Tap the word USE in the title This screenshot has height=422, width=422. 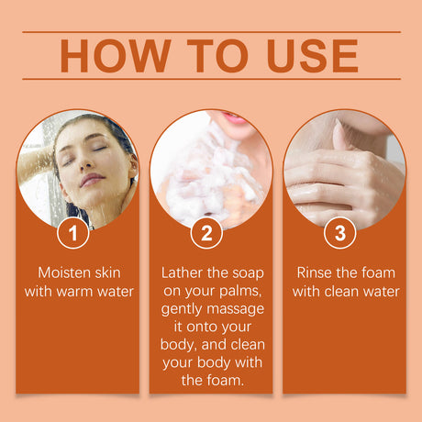[313, 56]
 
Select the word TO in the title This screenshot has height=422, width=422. [217, 56]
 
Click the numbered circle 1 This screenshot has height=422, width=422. [72, 233]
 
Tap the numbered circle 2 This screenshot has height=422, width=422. [206, 233]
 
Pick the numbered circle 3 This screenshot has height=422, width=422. [339, 233]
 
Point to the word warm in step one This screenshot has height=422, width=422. [74, 292]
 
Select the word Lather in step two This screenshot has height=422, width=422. [182, 272]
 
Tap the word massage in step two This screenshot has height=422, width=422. [236, 309]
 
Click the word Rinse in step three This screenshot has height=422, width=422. [314, 272]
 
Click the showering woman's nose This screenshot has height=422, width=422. [87, 163]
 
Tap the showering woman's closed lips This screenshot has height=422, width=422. [93, 179]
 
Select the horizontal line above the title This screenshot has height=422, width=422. [211, 31]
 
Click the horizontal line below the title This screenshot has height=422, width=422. [211, 79]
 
